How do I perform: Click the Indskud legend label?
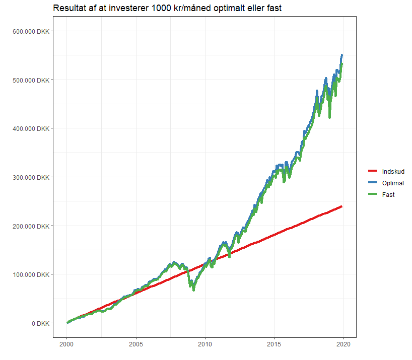tap(393, 172)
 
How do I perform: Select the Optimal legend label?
tap(393, 183)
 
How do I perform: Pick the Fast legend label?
tap(388, 194)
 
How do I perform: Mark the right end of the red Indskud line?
tap(342, 206)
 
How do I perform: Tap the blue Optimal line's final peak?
tap(342, 55)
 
